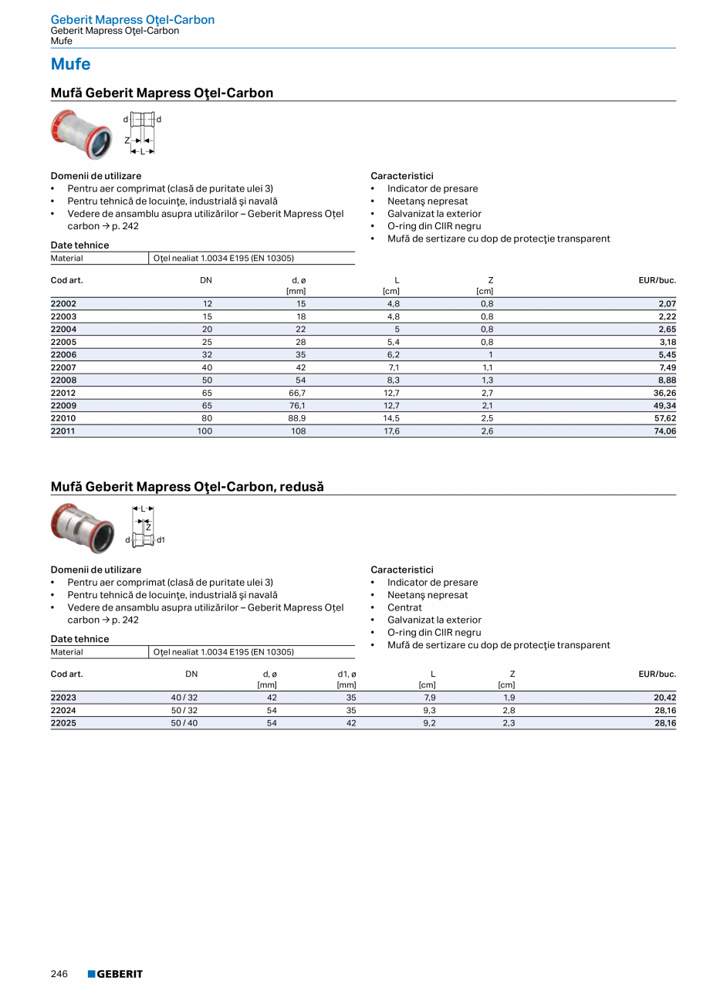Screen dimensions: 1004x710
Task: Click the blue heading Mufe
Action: point(70,64)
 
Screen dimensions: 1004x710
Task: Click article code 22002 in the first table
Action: point(63,304)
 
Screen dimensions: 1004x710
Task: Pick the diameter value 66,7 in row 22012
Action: point(296,393)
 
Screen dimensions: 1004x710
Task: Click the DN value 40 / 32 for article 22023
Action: point(184,698)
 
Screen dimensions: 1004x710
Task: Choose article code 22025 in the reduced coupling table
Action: point(63,723)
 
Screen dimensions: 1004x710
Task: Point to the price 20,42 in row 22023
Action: point(664,698)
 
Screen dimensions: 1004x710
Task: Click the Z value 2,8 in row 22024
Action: point(509,711)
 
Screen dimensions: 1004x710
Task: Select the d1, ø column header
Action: point(347,674)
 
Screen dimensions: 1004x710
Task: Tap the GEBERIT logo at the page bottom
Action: point(115,974)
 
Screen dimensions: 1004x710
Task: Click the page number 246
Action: point(59,974)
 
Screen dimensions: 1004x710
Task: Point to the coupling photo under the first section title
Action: point(82,134)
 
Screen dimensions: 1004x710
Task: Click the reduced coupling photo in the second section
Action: point(82,528)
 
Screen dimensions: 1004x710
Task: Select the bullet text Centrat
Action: point(404,607)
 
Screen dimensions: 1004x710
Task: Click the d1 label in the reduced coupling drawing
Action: point(161,540)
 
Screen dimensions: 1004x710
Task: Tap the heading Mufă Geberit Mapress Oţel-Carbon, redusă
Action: point(187,487)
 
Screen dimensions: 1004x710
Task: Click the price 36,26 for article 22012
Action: point(664,393)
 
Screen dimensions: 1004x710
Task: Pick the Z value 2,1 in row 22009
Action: point(487,406)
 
